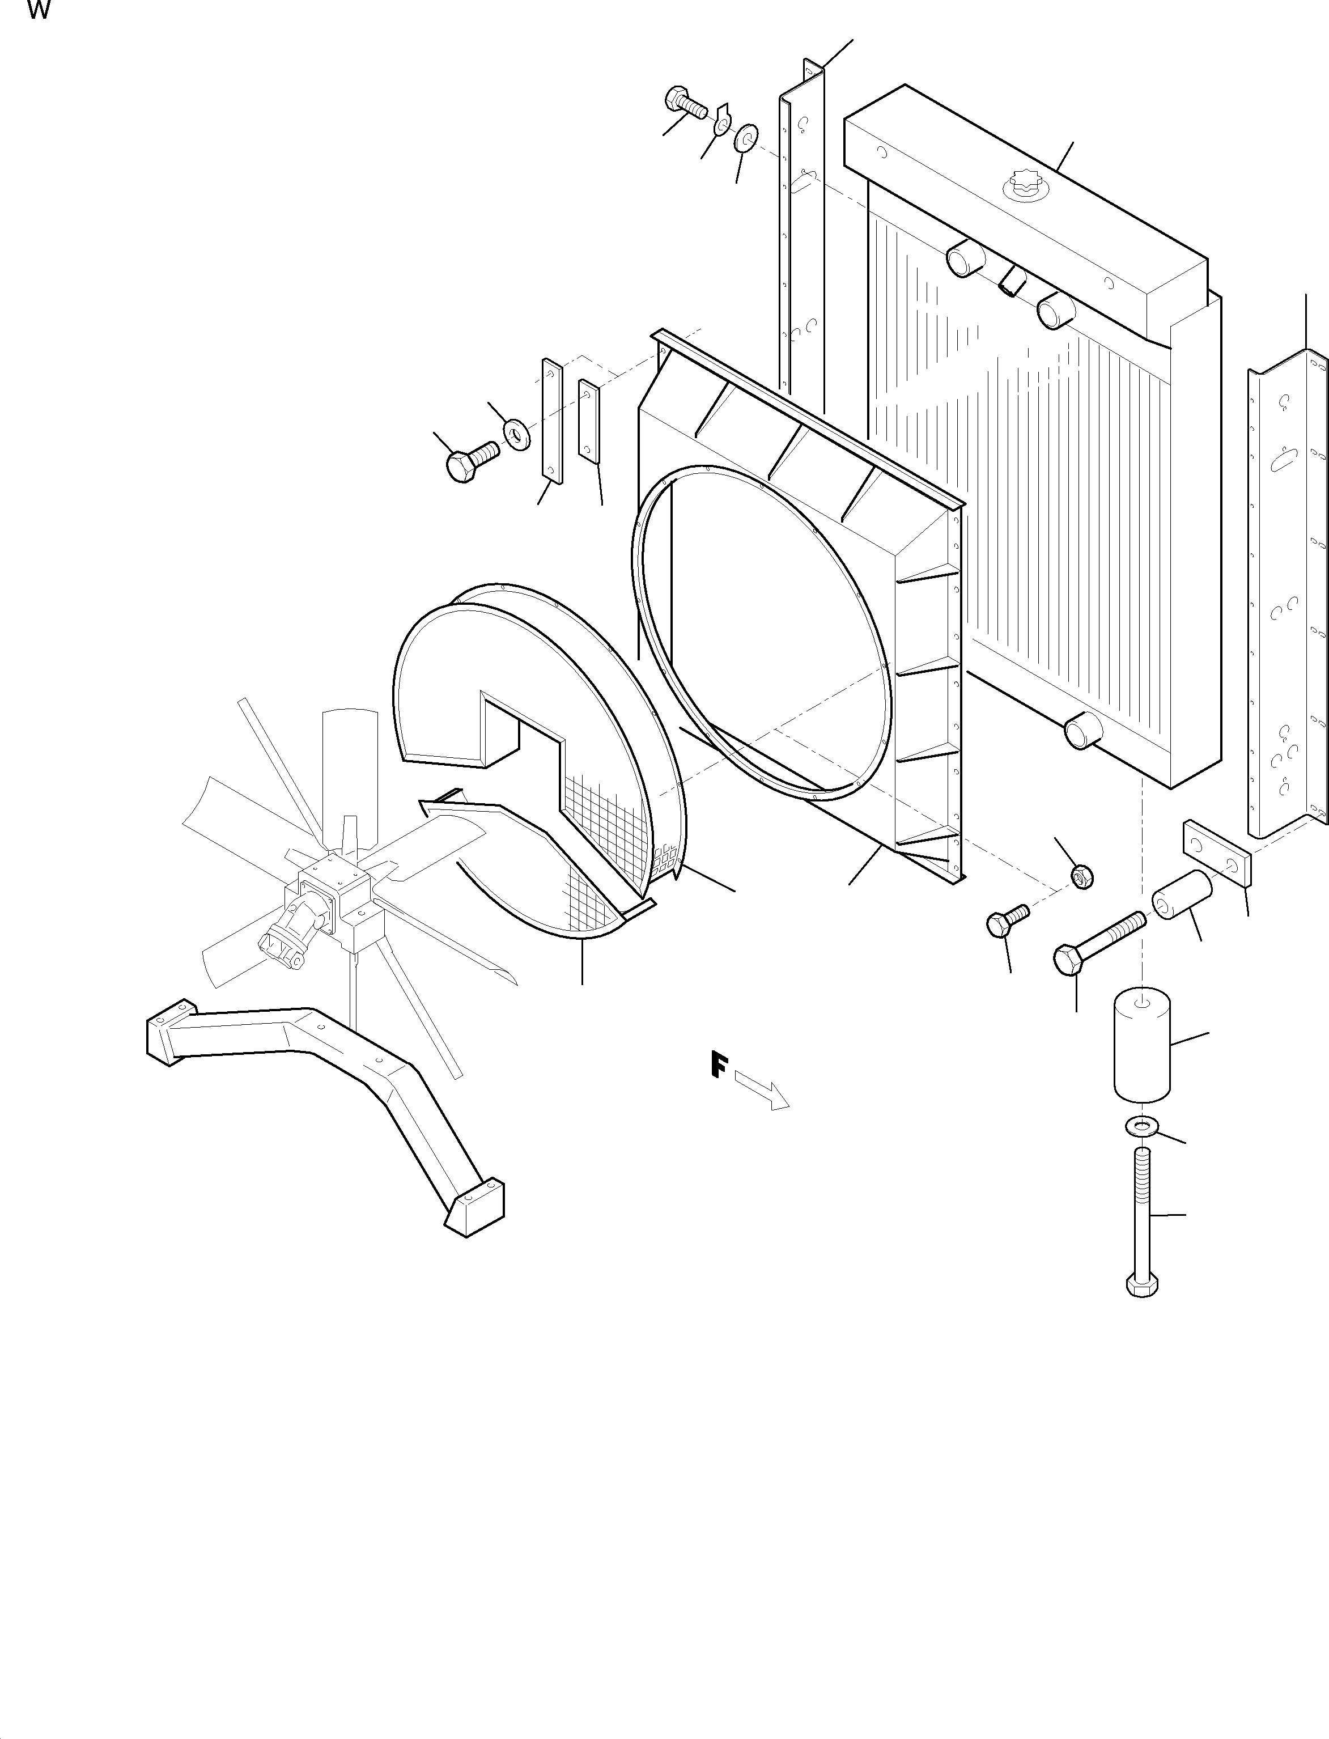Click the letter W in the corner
(39, 11)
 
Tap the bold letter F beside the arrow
(718, 1065)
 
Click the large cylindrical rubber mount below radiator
(1141, 1047)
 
